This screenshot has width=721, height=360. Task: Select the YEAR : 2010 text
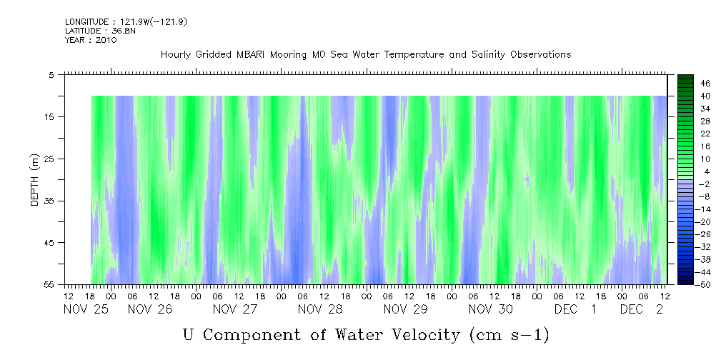coord(91,40)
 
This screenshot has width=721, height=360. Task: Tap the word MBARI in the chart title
coord(254,55)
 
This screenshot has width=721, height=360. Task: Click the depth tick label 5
coord(51,74)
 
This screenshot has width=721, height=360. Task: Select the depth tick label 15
coord(49,116)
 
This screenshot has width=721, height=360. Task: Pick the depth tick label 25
coord(49,159)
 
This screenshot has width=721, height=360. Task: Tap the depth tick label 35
coord(49,201)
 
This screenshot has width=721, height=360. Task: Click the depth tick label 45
coord(49,243)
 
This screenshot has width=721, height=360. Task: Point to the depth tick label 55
coord(49,284)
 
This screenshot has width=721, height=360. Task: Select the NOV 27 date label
coord(235,309)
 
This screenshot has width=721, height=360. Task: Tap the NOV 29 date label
coord(405,309)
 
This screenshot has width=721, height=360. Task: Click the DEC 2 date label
coord(640,309)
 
